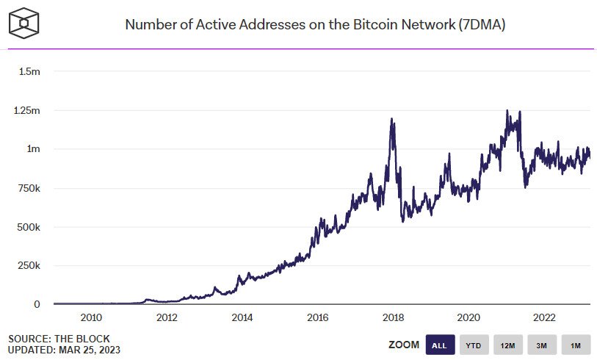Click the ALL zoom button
point(440,345)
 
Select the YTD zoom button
point(474,345)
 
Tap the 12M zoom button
point(508,345)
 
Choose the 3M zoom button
point(542,345)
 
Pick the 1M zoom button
point(576,345)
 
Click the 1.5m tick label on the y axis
point(29,71)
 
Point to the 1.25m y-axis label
point(26,110)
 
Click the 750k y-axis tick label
point(29,188)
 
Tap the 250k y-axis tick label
point(29,265)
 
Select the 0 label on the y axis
point(37,304)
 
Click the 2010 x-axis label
point(91,317)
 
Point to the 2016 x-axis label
point(318,317)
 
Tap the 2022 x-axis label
point(544,317)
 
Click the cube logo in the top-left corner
point(23,24)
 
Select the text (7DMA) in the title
point(482,25)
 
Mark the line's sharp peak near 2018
point(392,119)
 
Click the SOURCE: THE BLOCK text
point(59,339)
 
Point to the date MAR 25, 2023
point(90,350)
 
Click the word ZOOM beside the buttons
point(404,345)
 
